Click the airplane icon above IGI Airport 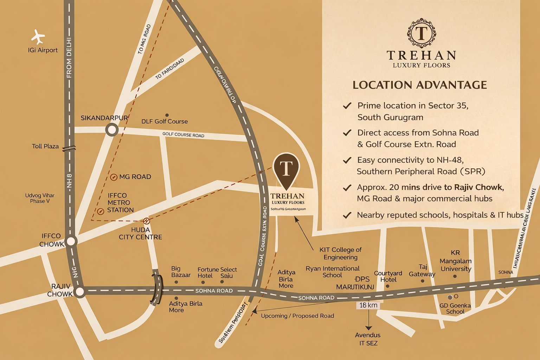(x=38, y=37)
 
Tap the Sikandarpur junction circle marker (x=112, y=130)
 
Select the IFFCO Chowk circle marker (x=71, y=241)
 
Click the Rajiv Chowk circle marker (x=80, y=291)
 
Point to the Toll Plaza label (x=45, y=146)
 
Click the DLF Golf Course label (x=165, y=121)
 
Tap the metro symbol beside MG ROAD (x=114, y=177)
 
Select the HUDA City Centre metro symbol (x=147, y=221)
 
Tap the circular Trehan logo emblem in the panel (x=422, y=33)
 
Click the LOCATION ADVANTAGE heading (x=420, y=85)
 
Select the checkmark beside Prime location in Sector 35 (x=347, y=105)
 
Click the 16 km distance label (x=368, y=305)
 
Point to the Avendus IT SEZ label (x=368, y=339)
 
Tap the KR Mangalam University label (x=455, y=261)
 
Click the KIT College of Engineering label (x=340, y=253)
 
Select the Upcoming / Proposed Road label (x=297, y=316)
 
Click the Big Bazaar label (x=181, y=272)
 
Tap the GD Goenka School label (x=455, y=308)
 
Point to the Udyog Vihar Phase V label (x=40, y=198)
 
